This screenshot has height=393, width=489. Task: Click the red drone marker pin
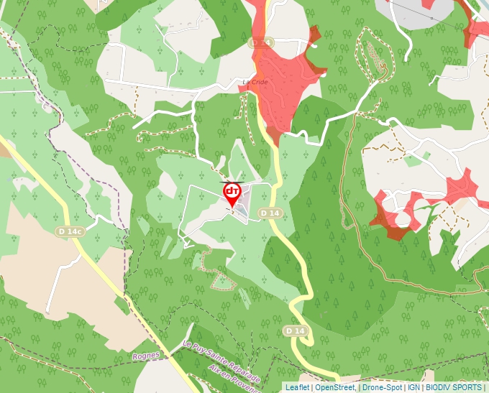click(x=232, y=193)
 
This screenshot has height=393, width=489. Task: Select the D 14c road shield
click(x=70, y=231)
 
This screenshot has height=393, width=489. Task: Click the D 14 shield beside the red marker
click(x=270, y=213)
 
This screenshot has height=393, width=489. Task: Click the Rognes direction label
click(x=145, y=356)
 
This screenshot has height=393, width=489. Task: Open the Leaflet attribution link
click(x=297, y=387)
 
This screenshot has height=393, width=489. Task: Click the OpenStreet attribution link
click(x=335, y=387)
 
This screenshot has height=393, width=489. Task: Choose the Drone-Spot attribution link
click(x=383, y=387)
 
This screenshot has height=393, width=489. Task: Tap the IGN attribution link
click(x=413, y=387)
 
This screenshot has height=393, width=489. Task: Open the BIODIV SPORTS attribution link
click(x=454, y=387)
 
